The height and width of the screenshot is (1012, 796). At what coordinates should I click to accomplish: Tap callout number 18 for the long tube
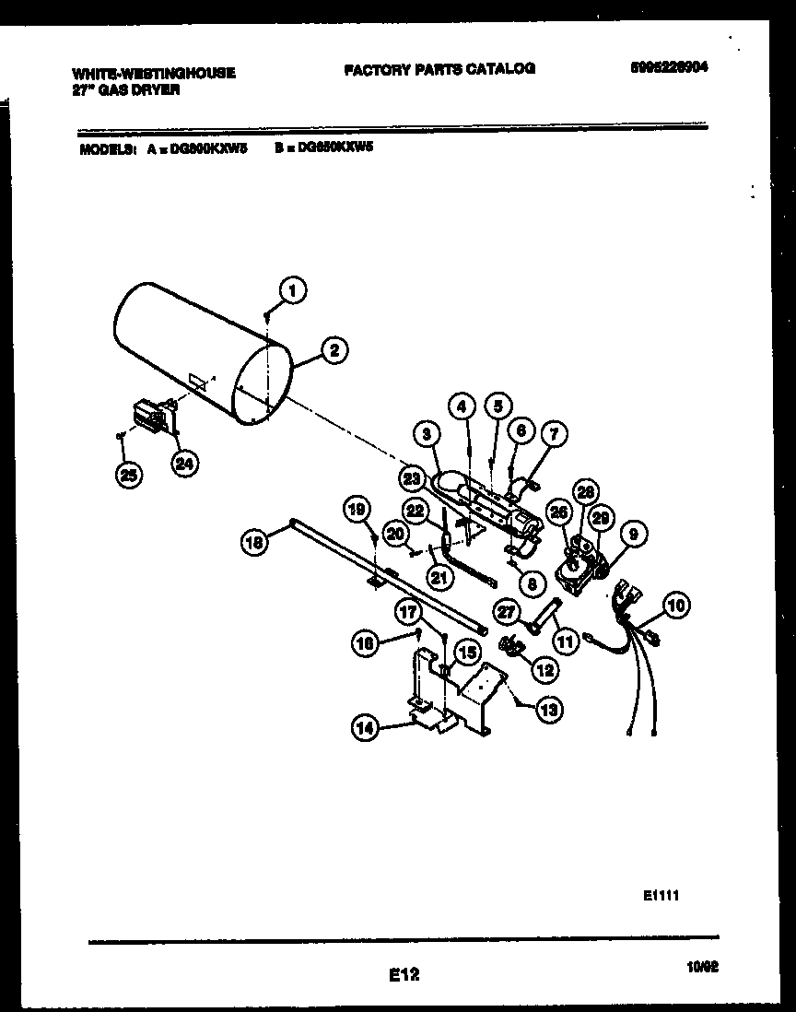(255, 545)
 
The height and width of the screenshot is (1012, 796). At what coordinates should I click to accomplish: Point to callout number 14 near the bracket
(368, 727)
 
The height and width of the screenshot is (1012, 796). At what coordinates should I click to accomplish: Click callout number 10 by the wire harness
(675, 606)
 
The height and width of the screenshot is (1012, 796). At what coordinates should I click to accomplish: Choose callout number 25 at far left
(131, 475)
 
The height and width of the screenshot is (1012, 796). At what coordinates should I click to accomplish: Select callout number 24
(185, 465)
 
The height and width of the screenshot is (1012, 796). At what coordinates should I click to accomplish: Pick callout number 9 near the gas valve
(634, 533)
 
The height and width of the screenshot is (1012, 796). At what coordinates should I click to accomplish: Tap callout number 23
(413, 477)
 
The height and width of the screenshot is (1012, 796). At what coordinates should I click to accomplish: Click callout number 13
(549, 709)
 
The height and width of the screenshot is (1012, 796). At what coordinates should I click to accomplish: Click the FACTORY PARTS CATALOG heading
(439, 68)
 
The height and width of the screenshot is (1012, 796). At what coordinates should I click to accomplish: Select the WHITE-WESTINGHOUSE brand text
(152, 73)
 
